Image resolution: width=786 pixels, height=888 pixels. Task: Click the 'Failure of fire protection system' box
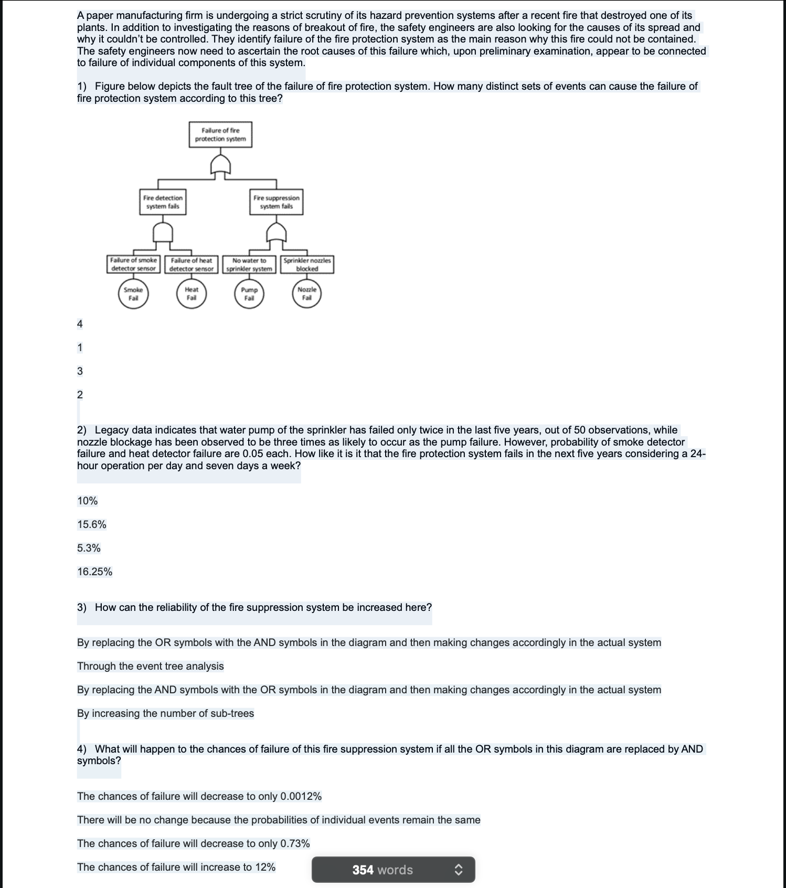220,134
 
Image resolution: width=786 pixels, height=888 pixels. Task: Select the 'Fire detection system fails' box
163,202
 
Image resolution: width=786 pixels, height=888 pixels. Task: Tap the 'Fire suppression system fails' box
276,202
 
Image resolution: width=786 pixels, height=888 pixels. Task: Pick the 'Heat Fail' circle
192,294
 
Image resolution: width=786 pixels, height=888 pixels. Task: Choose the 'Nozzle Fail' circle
307,294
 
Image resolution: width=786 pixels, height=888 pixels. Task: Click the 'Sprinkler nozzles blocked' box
307,265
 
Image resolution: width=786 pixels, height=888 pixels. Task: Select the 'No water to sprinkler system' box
249,265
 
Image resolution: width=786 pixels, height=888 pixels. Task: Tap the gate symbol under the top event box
220,165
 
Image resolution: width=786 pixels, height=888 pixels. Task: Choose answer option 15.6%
92,524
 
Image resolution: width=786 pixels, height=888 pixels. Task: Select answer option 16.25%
94,572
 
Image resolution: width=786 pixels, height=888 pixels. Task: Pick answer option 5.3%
89,548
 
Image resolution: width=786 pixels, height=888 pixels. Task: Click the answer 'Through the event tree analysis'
150,666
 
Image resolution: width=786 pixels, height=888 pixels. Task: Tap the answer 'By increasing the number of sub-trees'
165,713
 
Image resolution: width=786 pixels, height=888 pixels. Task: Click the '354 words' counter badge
383,870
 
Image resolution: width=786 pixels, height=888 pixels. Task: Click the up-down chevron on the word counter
458,870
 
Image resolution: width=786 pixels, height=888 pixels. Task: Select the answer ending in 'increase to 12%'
176,867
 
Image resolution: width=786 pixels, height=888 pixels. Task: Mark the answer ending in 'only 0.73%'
193,843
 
